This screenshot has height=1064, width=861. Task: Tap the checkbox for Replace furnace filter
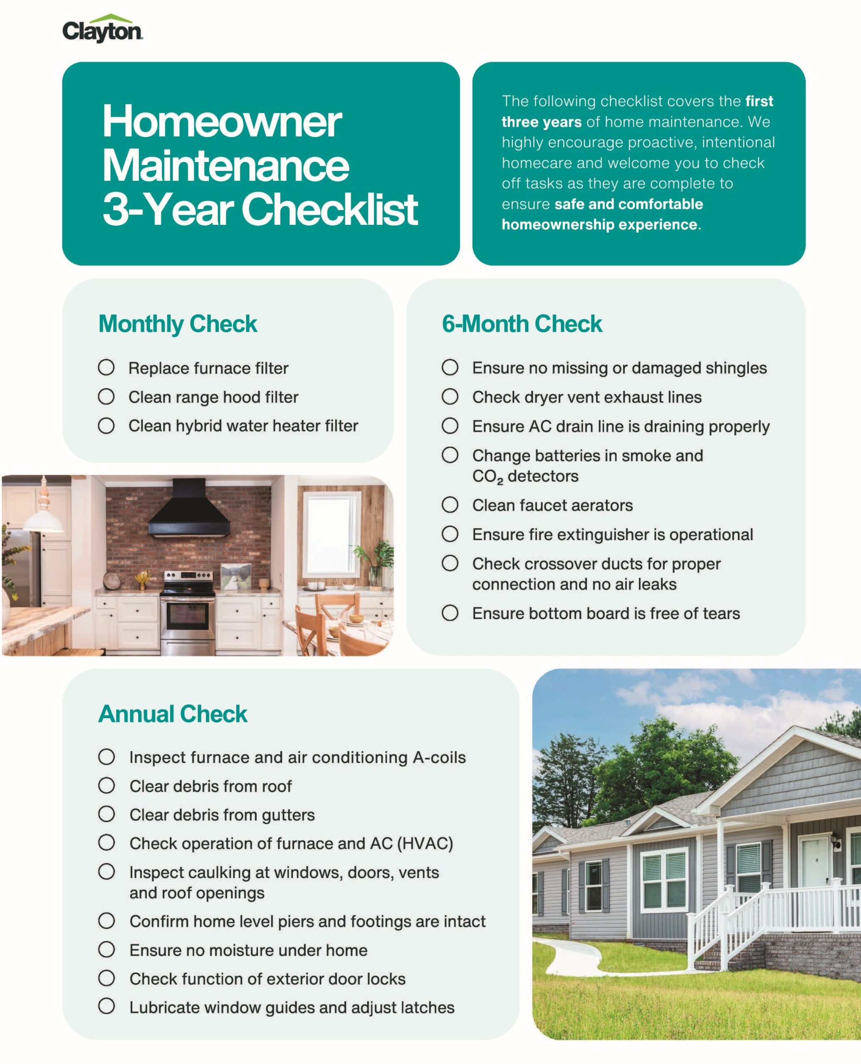106,368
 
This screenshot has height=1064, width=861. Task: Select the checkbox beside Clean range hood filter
106,397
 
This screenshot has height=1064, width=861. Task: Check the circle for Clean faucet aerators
450,505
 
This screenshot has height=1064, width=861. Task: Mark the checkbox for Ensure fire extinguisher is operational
450,534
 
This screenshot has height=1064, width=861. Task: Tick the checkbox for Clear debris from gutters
106,814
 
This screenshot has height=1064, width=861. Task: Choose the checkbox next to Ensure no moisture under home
106,950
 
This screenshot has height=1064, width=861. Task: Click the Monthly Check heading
178,324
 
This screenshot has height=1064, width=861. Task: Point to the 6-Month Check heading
522,324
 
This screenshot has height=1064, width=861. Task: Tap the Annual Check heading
173,714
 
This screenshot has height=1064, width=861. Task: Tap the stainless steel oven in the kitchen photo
188,615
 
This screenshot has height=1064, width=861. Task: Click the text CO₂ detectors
525,477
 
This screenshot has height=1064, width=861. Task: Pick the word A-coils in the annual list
439,757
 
